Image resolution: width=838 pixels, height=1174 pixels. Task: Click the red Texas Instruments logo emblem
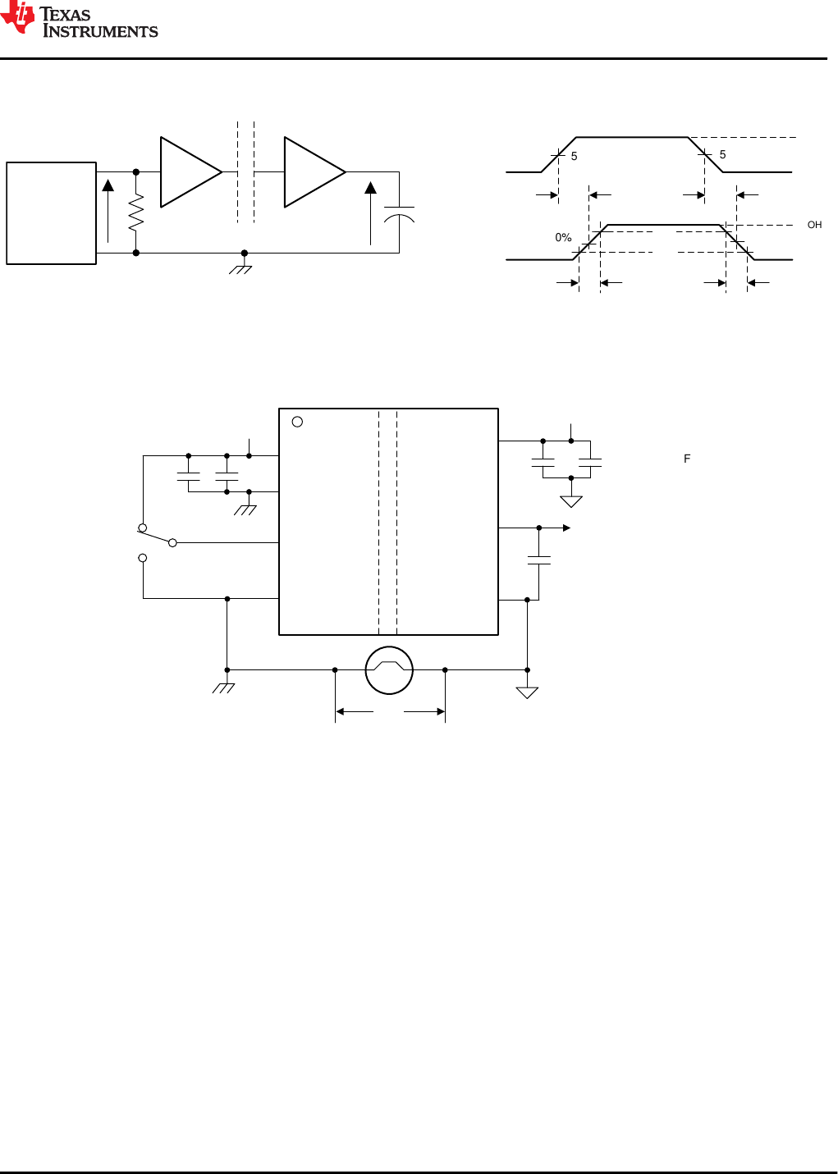coord(18,18)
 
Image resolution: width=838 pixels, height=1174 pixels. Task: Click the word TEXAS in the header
coord(66,14)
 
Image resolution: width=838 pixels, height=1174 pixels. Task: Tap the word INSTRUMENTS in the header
coord(100,32)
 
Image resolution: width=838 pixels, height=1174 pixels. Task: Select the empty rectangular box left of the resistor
coord(51,213)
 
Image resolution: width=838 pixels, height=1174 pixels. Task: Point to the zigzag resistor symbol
coord(136,212)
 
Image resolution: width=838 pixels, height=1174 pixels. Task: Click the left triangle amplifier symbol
coord(188,172)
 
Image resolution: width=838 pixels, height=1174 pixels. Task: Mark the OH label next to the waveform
coord(814,225)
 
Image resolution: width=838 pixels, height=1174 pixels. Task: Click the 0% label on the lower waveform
coord(563,238)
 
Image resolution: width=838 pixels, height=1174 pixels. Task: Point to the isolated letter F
coord(687,459)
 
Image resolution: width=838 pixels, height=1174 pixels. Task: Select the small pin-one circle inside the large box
coord(297,422)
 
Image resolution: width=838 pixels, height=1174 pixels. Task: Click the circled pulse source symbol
coord(389,670)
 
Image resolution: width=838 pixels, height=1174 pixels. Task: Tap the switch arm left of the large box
coord(157,536)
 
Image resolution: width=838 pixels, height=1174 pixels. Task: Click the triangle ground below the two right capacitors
coord(571,501)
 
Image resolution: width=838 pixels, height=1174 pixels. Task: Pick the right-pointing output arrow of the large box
coord(566,528)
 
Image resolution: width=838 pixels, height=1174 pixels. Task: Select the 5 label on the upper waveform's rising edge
coord(575,157)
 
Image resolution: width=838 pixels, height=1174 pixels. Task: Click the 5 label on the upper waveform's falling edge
coord(722,155)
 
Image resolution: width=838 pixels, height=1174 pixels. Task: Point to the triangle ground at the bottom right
coord(527,692)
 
